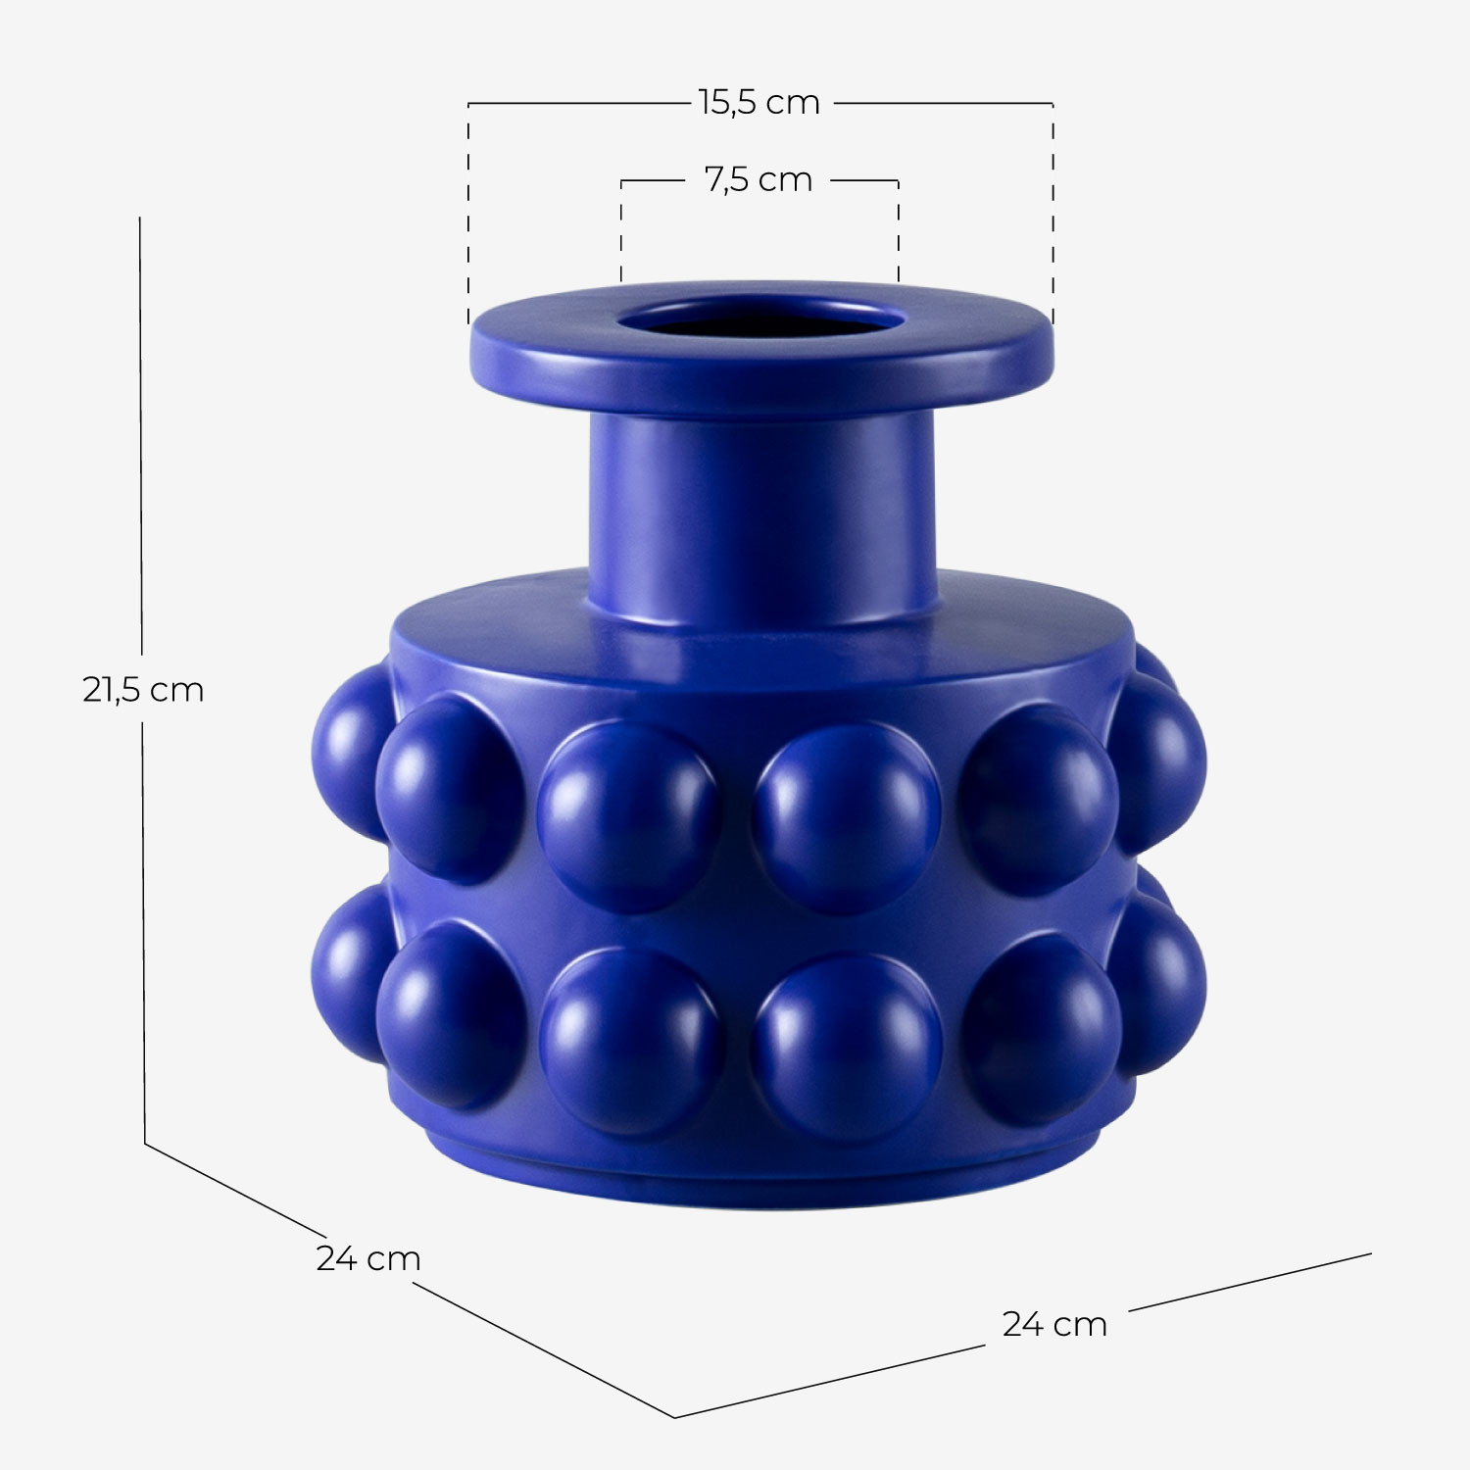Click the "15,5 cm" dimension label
pos(759,102)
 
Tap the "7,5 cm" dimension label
pos(759,179)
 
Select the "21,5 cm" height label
pos(143,690)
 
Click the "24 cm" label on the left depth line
pos(367,1258)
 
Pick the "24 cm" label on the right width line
pos(1054,1324)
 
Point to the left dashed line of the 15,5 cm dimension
pos(468,216)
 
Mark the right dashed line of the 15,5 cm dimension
pos(1053,216)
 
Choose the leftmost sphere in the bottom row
pos(343,970)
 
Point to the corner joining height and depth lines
pos(145,1143)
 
